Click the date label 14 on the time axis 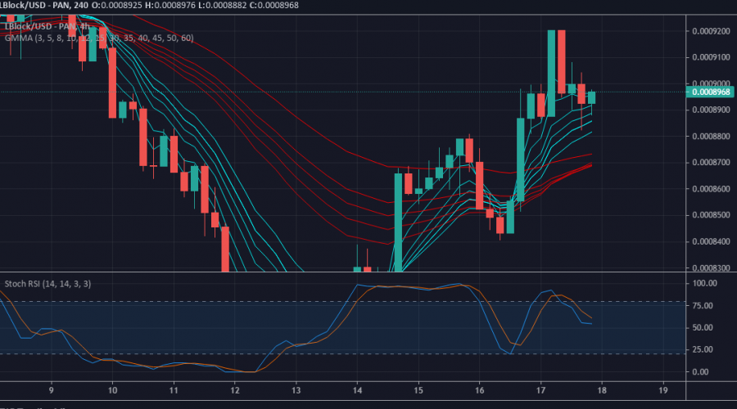(357, 391)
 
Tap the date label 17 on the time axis (541, 391)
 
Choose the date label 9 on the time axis (52, 391)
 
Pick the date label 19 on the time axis (664, 391)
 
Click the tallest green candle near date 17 (551, 74)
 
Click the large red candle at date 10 (113, 82)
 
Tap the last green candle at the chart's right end (591, 97)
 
